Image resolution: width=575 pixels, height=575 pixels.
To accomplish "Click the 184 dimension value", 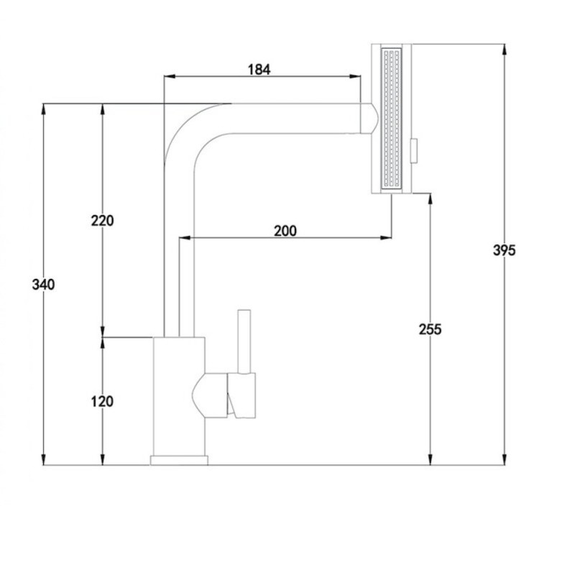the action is click(x=259, y=69).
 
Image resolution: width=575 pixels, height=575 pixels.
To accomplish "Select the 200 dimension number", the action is click(x=285, y=231).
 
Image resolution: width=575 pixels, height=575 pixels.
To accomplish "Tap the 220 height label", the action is click(x=102, y=221).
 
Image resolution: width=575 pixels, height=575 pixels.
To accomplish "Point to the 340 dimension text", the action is click(x=43, y=285).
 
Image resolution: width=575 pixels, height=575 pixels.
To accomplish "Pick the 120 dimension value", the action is click(x=102, y=402).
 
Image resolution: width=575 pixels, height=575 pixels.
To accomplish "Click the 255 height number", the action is click(x=430, y=329).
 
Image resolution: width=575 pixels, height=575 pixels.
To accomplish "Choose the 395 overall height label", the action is click(x=505, y=250).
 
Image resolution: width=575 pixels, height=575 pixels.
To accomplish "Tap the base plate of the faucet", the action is click(x=179, y=460).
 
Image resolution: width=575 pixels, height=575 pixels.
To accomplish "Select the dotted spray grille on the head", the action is click(x=392, y=119).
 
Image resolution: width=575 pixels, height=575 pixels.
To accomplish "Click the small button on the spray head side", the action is click(x=415, y=151).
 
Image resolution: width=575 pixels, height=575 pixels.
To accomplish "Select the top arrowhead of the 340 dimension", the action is click(x=44, y=109).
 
